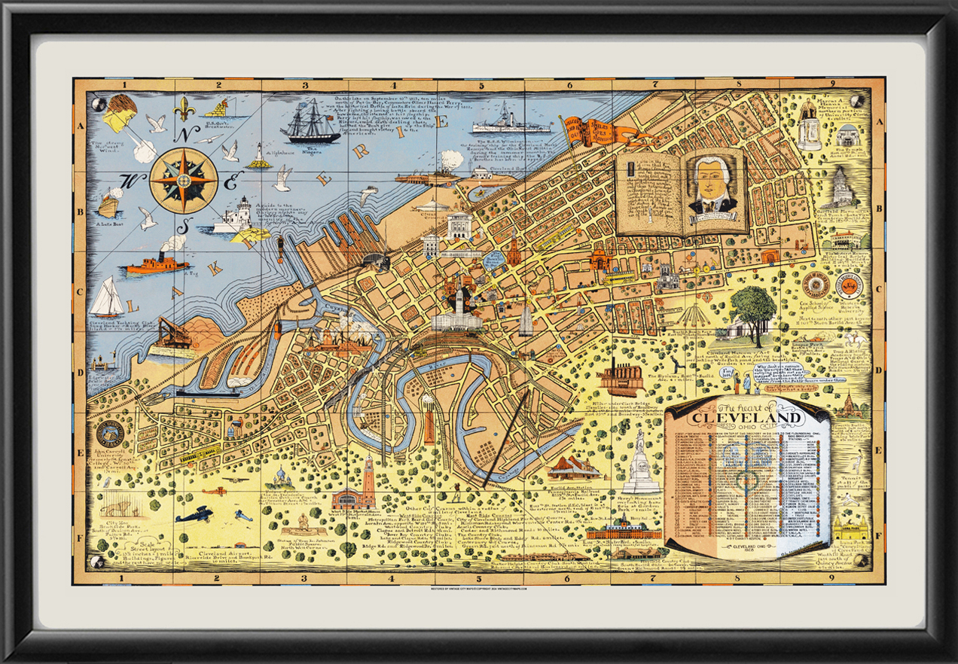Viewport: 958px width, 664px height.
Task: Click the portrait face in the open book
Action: point(712,182)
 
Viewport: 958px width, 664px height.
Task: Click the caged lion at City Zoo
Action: point(121,504)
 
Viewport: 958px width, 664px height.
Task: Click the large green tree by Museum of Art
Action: point(752,306)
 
